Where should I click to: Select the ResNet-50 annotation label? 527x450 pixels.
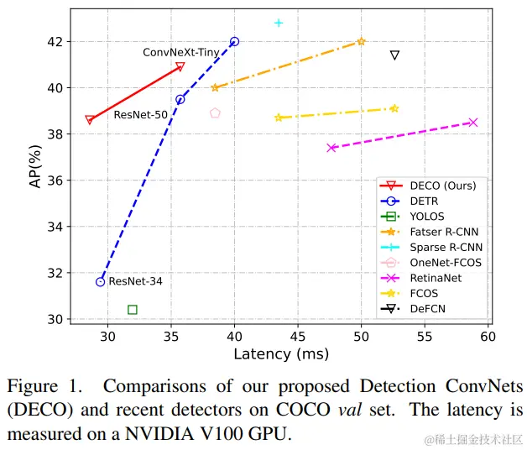point(140,115)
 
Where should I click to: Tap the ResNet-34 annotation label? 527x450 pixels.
point(135,282)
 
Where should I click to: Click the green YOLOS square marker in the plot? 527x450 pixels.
point(133,310)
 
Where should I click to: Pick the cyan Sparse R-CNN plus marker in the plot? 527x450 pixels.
point(279,23)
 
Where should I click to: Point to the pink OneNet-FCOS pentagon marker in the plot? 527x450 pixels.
point(215,113)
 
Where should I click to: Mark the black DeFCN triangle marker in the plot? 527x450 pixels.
point(394,55)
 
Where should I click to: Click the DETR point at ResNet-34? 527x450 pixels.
point(101,282)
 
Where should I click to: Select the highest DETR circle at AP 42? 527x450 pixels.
point(234,41)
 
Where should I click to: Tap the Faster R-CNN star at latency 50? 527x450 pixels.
point(361,41)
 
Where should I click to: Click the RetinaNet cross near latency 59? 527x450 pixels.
point(472,123)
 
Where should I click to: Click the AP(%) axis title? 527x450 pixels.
point(36,181)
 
